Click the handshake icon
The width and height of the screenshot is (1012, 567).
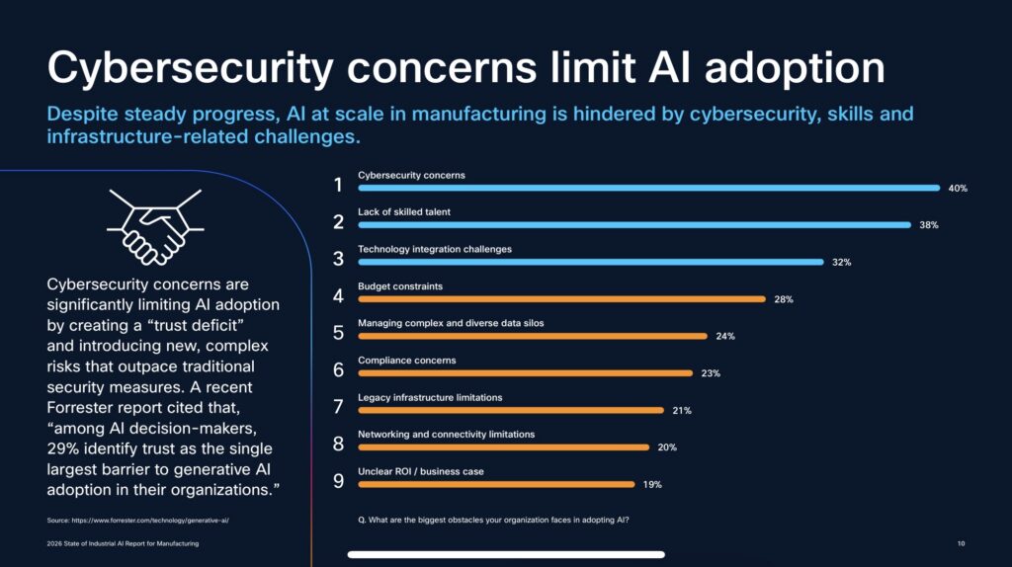coord(154,226)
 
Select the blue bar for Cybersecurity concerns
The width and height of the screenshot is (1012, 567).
coord(648,188)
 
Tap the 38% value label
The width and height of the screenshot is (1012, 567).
coord(928,225)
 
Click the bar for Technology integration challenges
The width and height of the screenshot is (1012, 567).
coord(590,262)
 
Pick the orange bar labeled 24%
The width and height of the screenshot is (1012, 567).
coord(532,336)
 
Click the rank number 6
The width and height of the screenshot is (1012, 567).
coord(338,369)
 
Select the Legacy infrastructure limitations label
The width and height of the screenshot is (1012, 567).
coord(430,397)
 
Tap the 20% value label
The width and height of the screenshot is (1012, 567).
coord(667,447)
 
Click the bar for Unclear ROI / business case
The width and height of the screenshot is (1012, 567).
coord(496,484)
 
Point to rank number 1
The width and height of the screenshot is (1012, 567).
coord(338,184)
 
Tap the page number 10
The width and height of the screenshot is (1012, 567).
coord(961,543)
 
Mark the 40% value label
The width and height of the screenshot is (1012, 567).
coord(957,188)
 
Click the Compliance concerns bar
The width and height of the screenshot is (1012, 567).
coord(525,373)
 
